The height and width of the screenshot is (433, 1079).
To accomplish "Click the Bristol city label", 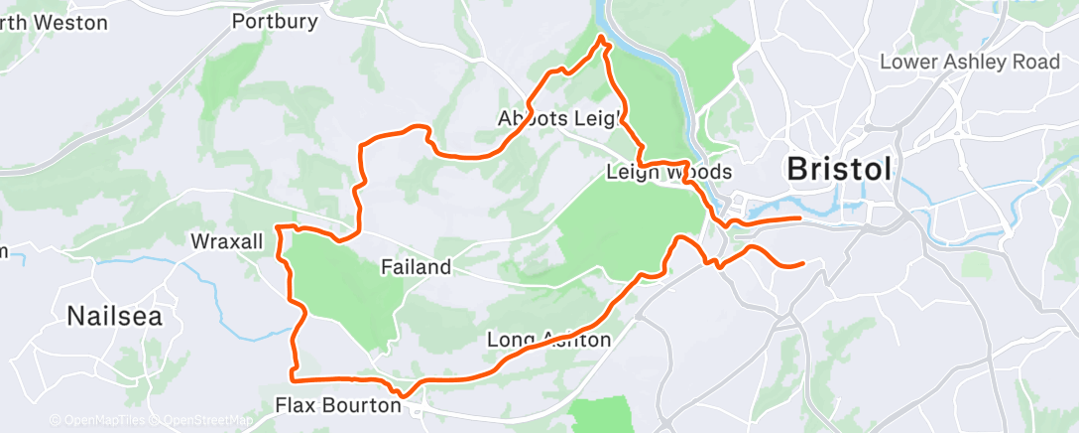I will [839, 169].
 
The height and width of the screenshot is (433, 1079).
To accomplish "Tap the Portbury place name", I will [274, 21].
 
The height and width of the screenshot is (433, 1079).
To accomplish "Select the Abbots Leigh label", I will [559, 119].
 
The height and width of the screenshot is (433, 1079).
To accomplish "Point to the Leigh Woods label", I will [668, 173].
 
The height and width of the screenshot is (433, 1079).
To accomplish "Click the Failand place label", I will [417, 267].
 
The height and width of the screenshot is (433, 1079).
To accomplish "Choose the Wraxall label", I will [227, 242].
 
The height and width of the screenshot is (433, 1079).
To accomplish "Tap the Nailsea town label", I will [114, 317].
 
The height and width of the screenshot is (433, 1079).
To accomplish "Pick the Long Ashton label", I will [549, 341].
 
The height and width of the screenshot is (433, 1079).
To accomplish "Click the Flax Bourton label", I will [338, 405].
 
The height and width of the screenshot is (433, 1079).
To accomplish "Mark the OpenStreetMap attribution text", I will [208, 421].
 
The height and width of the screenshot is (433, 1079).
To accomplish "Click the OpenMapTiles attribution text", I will [102, 421].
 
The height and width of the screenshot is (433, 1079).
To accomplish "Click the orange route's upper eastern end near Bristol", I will [799, 216].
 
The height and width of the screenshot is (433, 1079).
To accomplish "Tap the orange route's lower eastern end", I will [801, 263].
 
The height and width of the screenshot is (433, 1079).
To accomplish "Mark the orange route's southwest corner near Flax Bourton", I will [292, 378].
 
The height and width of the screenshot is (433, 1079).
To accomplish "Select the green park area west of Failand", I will [342, 288].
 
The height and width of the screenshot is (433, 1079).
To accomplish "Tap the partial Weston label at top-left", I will [54, 22].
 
